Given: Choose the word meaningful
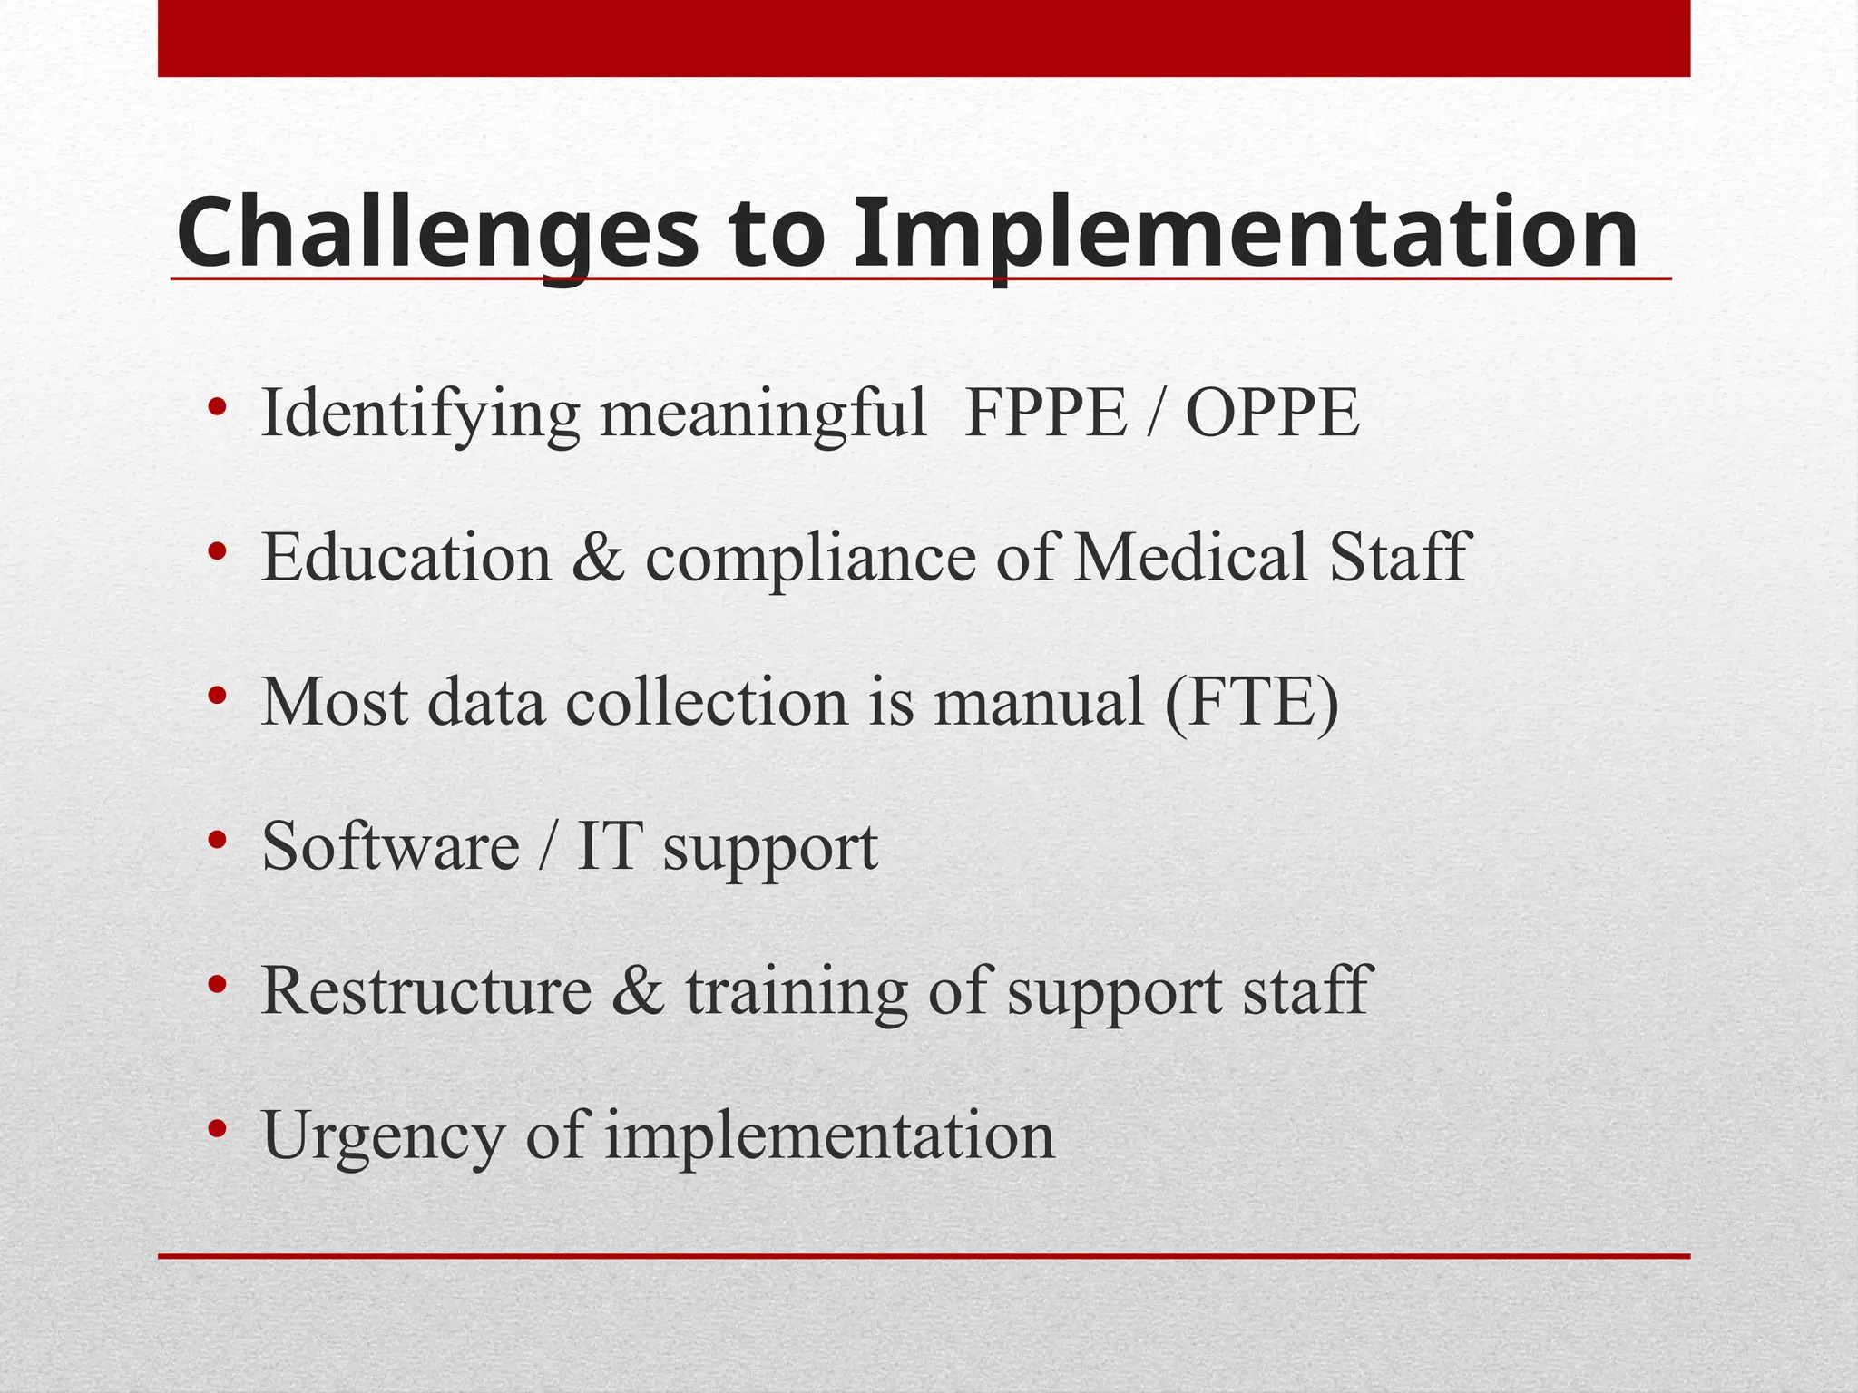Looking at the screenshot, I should (x=763, y=415).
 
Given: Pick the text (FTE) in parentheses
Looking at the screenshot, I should (x=1252, y=702).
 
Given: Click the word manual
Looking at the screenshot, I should (x=1038, y=702).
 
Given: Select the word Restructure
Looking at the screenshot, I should (x=426, y=990).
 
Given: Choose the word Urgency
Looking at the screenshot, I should (x=382, y=1137).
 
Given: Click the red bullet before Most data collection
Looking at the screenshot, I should (x=216, y=696).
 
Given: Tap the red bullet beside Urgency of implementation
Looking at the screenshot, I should (x=216, y=1129).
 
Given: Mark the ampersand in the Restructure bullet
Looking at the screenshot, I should (x=639, y=990).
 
